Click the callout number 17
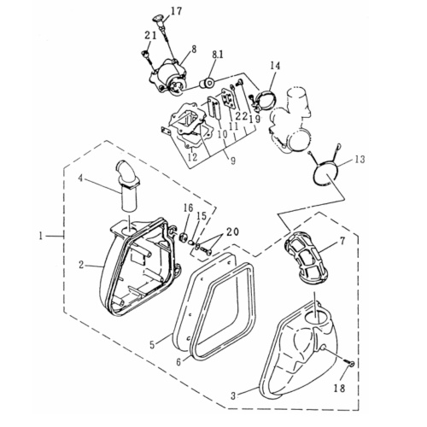[x=177, y=11]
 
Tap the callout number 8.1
[x=217, y=55]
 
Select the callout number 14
[x=275, y=66]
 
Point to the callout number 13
[x=360, y=160]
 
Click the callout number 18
[x=340, y=388]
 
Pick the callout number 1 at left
[x=41, y=236]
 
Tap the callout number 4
[x=80, y=178]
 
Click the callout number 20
[x=232, y=232]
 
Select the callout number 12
[x=193, y=157]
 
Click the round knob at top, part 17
[x=160, y=19]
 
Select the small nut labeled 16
[x=183, y=236]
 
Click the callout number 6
[x=178, y=362]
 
